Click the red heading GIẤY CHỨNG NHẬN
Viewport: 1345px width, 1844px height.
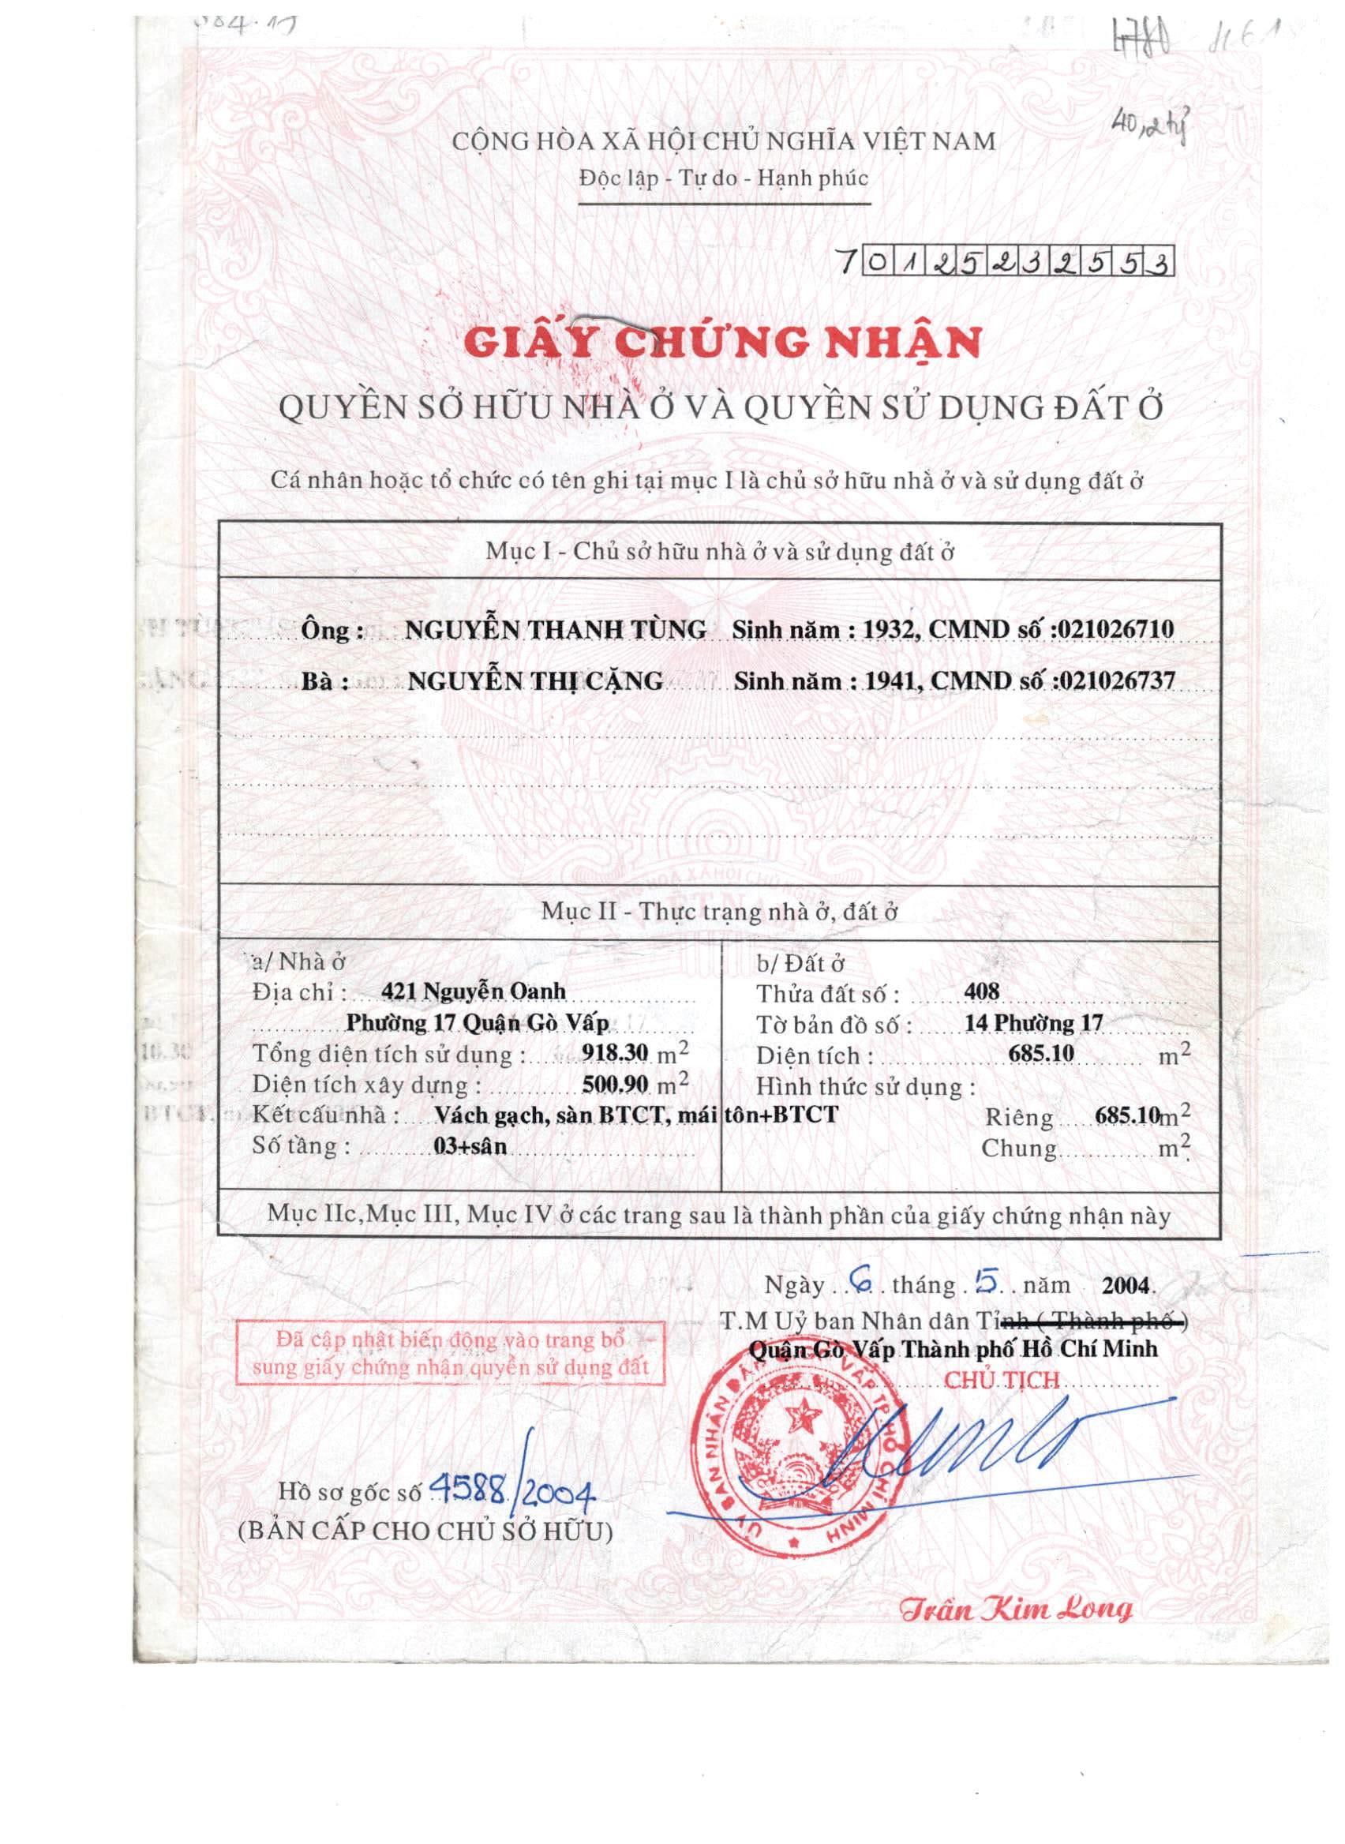[x=722, y=343]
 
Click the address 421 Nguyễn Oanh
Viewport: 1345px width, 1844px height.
[x=472, y=991]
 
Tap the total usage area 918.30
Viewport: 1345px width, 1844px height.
[x=615, y=1053]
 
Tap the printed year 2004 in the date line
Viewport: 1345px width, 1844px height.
[x=1126, y=1285]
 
